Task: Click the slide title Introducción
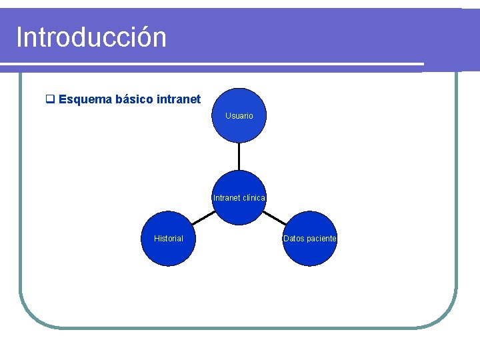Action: pyautogui.click(x=91, y=37)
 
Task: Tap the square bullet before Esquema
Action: pyautogui.click(x=49, y=100)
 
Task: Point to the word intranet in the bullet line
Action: pyautogui.click(x=178, y=99)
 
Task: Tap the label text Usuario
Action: pyautogui.click(x=239, y=116)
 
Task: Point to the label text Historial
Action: pyautogui.click(x=168, y=239)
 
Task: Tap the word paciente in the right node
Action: pyautogui.click(x=321, y=239)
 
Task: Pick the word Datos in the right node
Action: pyautogui.click(x=293, y=239)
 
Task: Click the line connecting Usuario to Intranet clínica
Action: pyautogui.click(x=239, y=156)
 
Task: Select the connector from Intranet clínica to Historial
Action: pyautogui.click(x=203, y=217)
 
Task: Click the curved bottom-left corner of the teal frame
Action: pyautogui.click(x=30, y=317)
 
